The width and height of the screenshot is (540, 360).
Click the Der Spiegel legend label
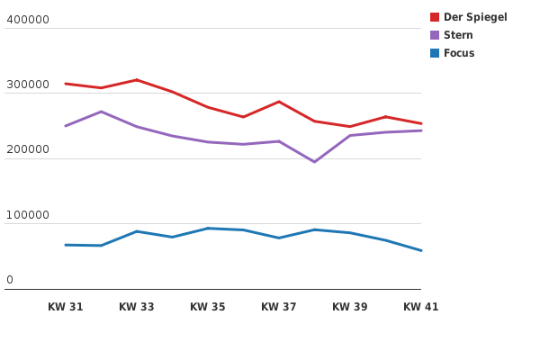[475, 17]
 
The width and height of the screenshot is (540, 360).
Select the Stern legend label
[458, 35]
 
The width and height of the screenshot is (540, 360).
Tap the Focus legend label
[459, 53]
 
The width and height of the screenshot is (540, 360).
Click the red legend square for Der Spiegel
[435, 17]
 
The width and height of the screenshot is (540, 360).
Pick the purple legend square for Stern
[435, 35]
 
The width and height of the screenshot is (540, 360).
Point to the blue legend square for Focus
[435, 53]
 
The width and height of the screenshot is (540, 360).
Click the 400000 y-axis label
[28, 20]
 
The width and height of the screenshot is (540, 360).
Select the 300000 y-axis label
[28, 85]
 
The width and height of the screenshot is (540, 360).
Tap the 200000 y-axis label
[28, 150]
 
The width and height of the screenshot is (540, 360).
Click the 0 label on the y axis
[10, 280]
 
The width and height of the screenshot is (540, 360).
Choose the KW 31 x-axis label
[66, 307]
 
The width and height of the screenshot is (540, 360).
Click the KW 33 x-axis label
[137, 307]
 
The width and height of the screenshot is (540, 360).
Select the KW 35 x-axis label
[208, 307]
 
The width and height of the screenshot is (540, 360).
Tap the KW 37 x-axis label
[279, 307]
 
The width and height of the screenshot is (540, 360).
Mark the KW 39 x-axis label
[350, 307]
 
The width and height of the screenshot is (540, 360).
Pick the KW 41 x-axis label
[420, 307]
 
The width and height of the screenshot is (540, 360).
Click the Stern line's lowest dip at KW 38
[314, 162]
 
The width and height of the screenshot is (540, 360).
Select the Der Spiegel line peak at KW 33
[137, 80]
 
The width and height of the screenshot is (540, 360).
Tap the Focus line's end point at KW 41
[420, 250]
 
